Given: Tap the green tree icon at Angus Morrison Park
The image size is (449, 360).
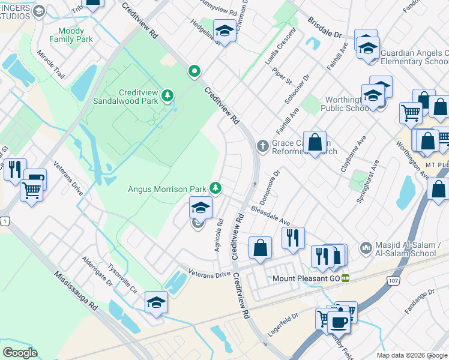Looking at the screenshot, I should click(215, 188).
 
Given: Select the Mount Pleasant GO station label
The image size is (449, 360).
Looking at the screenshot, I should click(306, 278).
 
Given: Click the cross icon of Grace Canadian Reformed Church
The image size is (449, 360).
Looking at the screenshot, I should click(262, 145).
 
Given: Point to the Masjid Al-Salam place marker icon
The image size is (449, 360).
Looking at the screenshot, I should click(366, 247).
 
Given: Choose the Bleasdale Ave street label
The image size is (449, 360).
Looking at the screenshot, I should click(271, 217).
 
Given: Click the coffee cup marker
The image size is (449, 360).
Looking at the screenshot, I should click(339, 322).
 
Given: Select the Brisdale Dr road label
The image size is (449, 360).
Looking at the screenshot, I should click(324, 28).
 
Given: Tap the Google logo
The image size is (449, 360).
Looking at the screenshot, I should click(20, 353).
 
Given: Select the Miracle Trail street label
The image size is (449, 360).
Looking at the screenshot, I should click(50, 65).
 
